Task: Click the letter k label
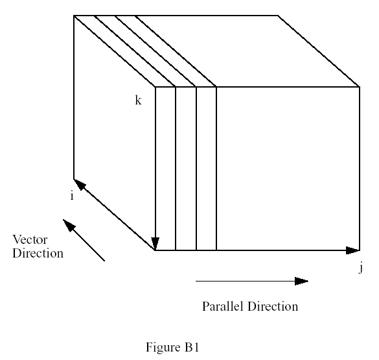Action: [138, 100]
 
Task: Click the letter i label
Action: [72, 195]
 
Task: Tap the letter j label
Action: [361, 269]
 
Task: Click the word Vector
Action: [30, 239]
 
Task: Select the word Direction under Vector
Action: [38, 253]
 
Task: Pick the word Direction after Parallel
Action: [273, 306]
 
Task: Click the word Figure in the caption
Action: [163, 347]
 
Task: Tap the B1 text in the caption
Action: [192, 347]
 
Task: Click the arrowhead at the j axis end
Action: [353, 250]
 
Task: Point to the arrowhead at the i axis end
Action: [79, 184]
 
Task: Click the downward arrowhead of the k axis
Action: [155, 243]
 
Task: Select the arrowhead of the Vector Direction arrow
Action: [68, 225]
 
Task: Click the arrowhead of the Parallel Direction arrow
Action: [301, 281]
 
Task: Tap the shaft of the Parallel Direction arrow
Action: [245, 281]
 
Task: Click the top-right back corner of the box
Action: [278, 16]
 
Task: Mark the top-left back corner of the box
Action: [74, 16]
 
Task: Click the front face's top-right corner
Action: [360, 87]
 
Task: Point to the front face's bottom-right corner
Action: [360, 250]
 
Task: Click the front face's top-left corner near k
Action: [155, 87]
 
